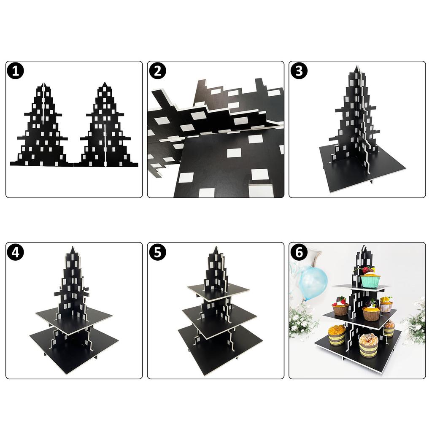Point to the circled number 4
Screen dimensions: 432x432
click(x=16, y=252)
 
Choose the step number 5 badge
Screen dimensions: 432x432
click(x=157, y=252)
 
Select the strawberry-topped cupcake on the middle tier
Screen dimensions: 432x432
click(x=340, y=307)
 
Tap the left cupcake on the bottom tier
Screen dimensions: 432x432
click(x=337, y=335)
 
